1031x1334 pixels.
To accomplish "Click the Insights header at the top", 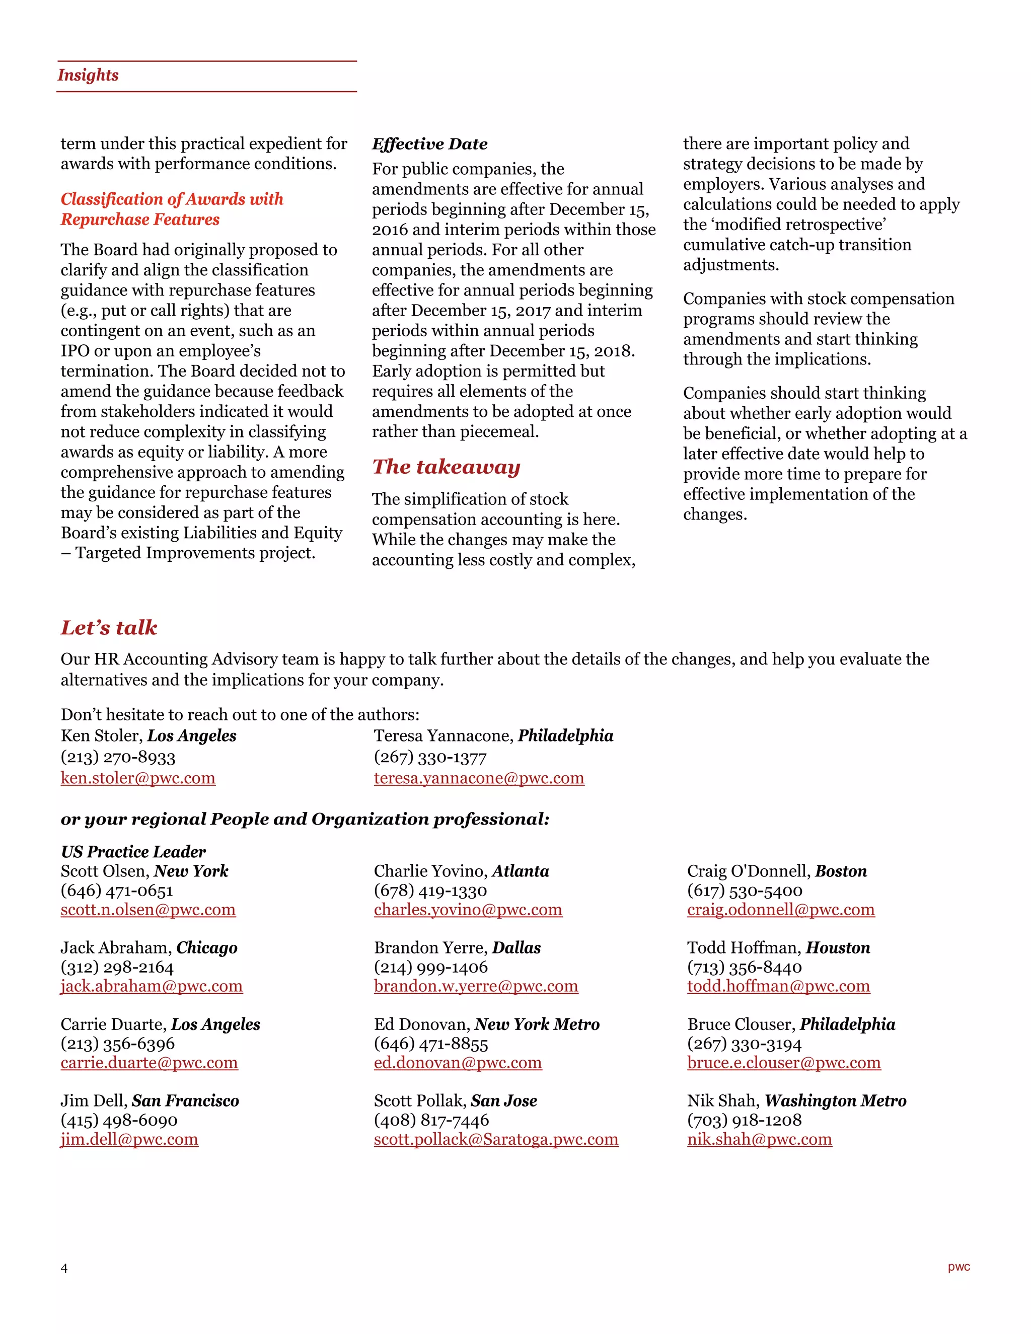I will coord(88,75).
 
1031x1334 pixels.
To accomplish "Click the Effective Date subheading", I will coord(429,144).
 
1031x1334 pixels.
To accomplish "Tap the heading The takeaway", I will coord(446,467).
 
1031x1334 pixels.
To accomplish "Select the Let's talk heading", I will coord(109,628).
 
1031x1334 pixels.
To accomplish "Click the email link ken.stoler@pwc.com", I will coord(137,778).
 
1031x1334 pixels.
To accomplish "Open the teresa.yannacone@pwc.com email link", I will coord(478,778).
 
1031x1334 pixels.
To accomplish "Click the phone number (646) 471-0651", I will coord(117,891).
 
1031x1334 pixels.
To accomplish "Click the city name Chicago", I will coord(206,948).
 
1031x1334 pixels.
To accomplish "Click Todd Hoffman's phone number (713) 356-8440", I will coord(744,968).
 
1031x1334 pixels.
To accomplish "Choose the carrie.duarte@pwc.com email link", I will coord(149,1063).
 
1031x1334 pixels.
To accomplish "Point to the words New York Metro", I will coord(537,1024).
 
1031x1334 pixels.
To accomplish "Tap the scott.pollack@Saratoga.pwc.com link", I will coord(495,1139).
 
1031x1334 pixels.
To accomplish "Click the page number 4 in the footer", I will coord(64,1269).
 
